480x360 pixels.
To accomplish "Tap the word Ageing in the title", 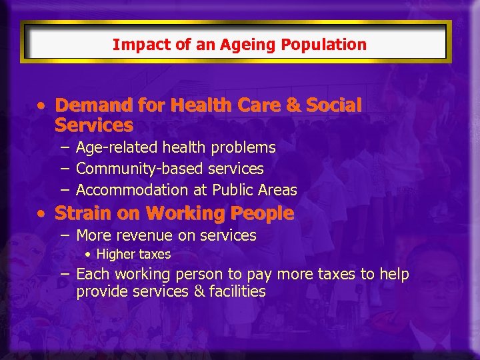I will click(224, 45).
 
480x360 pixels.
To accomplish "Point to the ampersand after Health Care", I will click(294, 105).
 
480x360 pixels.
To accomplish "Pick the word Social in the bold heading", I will click(334, 105).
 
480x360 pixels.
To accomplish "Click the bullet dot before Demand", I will click(43, 106).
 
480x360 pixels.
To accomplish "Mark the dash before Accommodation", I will click(63, 190).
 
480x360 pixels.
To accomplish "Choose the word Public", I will click(232, 190).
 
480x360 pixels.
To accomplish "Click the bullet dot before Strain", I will click(43, 214).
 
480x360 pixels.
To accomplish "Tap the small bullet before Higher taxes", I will click(88, 255).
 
